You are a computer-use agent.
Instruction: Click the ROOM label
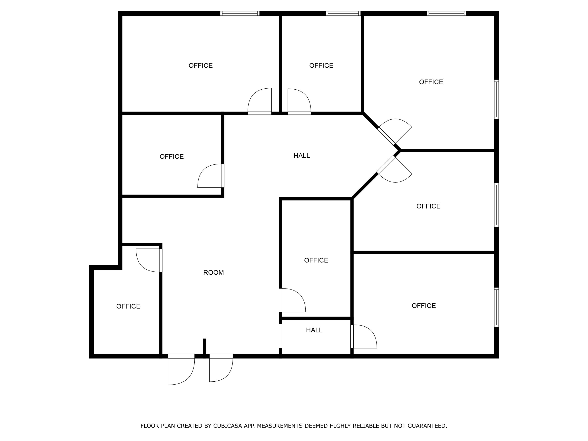[x=213, y=272]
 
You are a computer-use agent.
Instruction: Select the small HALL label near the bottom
[x=314, y=330]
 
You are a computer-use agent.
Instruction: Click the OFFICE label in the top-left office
[x=201, y=66]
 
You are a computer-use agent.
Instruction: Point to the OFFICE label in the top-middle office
[x=321, y=66]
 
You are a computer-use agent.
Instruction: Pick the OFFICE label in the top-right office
[x=431, y=82]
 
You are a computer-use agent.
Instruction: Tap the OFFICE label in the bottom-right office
[x=424, y=306]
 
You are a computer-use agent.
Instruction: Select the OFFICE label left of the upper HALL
[x=171, y=157]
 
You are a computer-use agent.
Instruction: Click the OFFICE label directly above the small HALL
[x=316, y=260]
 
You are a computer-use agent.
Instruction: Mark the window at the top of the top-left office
[x=240, y=13]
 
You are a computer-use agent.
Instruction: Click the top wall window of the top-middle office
[x=343, y=13]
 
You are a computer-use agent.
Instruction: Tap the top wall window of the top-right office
[x=446, y=13]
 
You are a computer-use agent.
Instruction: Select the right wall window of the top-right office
[x=496, y=99]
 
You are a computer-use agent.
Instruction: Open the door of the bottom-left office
[x=148, y=260]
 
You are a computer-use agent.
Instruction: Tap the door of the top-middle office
[x=299, y=101]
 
